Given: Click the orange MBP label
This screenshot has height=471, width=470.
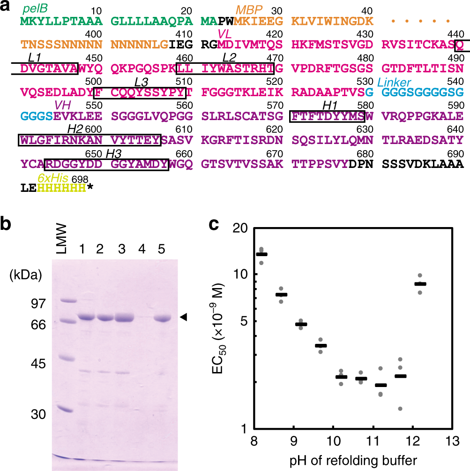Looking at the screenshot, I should click(249, 9).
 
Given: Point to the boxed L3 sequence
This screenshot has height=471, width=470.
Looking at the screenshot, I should click(141, 92).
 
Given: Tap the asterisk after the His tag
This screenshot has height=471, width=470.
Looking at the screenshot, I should click(90, 189).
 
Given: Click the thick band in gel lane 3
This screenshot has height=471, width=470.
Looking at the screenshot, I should click(121, 318).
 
